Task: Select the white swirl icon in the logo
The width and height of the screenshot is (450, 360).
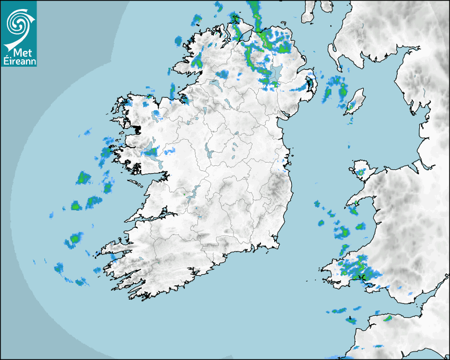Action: coord(18,23)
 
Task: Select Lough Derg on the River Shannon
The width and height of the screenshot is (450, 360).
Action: coord(192,192)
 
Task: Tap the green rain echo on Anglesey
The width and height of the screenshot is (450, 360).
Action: coord(361,172)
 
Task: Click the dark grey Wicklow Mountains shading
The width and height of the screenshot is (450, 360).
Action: coord(275,185)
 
